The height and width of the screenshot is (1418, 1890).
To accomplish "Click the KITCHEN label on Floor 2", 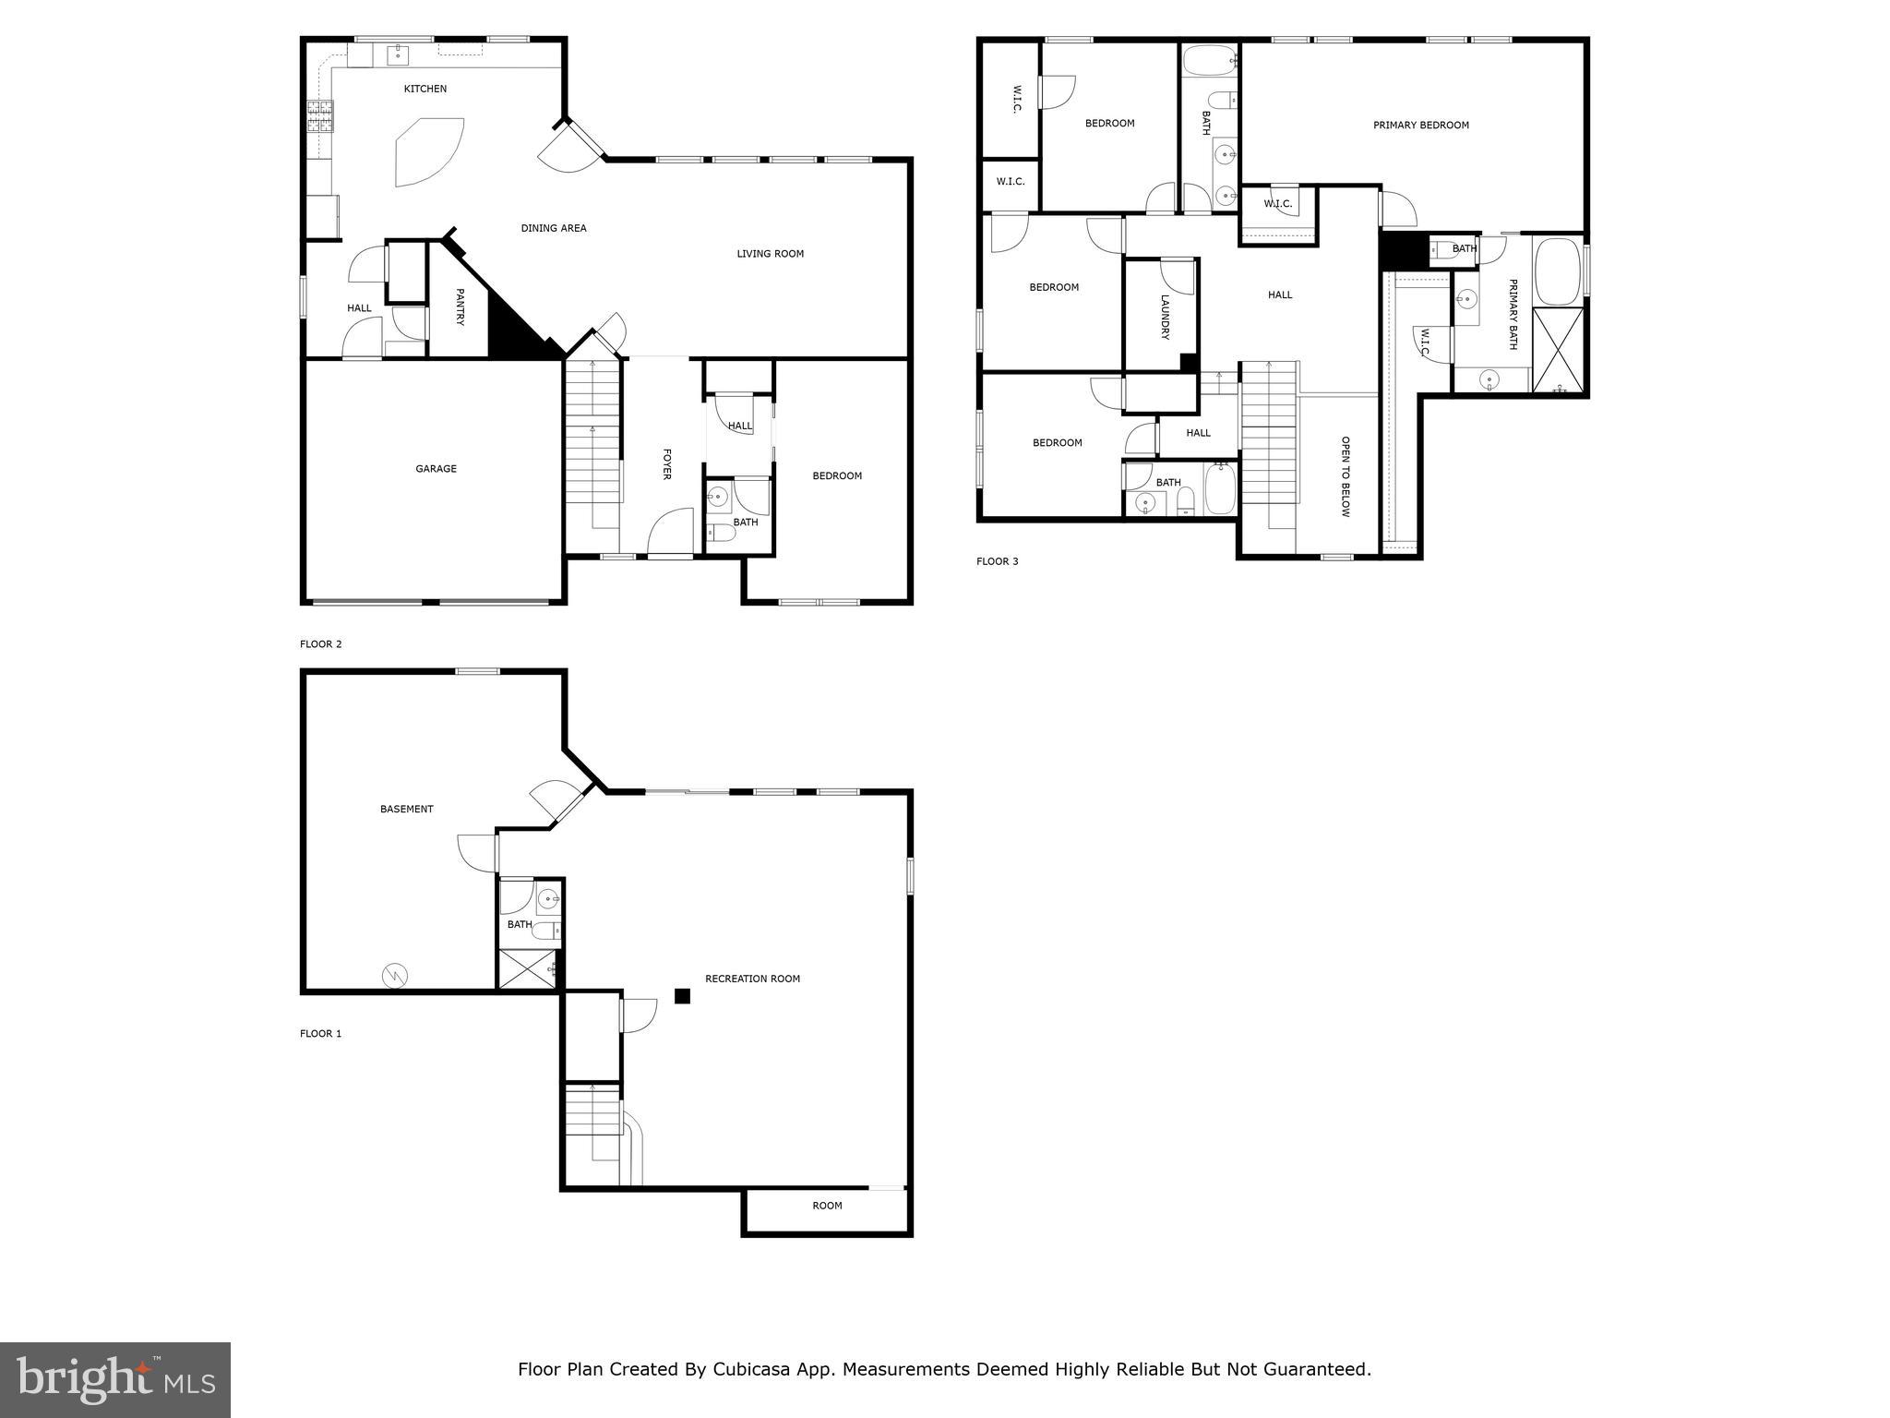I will (425, 90).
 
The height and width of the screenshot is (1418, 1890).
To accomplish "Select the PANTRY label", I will (459, 306).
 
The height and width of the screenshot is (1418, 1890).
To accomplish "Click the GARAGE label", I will (436, 469).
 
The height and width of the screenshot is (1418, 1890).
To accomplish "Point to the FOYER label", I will (666, 464).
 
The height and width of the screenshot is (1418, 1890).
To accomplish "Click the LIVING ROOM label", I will (770, 254).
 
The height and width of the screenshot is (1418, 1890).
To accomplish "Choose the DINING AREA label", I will (553, 229).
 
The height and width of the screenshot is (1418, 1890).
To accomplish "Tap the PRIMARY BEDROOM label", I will (1420, 126).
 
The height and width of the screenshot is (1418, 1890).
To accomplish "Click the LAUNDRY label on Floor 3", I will (1165, 317).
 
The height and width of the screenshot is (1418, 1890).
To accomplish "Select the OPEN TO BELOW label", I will (1345, 476).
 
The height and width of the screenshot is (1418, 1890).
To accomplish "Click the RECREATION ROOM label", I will (752, 979).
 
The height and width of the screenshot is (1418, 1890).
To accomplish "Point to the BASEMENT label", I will (406, 810).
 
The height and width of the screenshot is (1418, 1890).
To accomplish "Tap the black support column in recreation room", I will (682, 995).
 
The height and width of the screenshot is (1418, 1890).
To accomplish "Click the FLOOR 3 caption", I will (997, 561).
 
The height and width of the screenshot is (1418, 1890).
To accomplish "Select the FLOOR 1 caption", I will (320, 1034).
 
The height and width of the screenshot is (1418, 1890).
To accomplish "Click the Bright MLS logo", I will (115, 1379).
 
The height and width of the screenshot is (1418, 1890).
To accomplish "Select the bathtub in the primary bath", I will (1558, 271).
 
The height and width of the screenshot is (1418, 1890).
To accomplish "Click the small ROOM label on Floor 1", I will (827, 1206).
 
